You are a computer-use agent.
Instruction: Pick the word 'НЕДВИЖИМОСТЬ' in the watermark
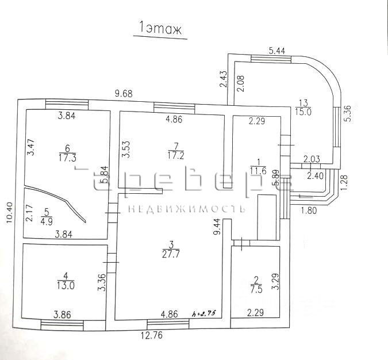coord(187,208)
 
